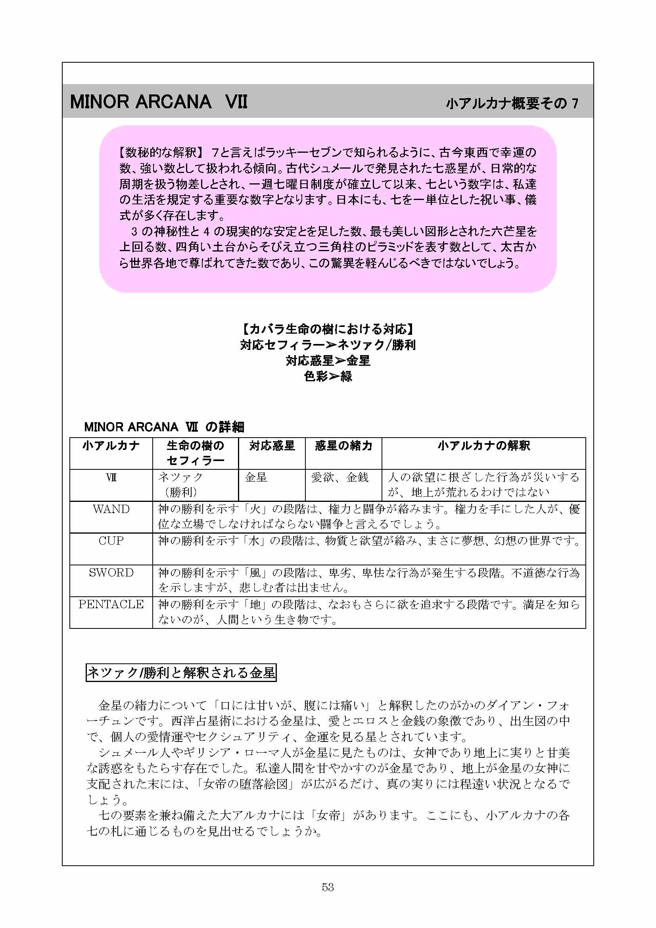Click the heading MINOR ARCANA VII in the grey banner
coord(158,102)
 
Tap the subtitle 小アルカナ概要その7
coord(512,104)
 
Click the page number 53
coord(328,887)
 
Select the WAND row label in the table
coord(111,509)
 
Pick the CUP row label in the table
coord(111,540)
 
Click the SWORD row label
coord(111,573)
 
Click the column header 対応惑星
coord(272,446)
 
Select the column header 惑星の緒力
coord(343,446)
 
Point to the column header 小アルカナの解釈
coord(483,446)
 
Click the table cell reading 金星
coord(256,477)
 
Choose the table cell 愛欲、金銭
coord(340,477)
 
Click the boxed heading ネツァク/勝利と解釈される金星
coord(181,672)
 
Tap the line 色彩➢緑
coord(328,376)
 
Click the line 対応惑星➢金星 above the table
coord(328,361)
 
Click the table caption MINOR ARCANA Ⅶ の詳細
coord(164,427)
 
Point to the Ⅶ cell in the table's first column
coord(111,477)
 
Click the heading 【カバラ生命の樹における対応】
coord(328,329)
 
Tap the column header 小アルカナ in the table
coord(111,446)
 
